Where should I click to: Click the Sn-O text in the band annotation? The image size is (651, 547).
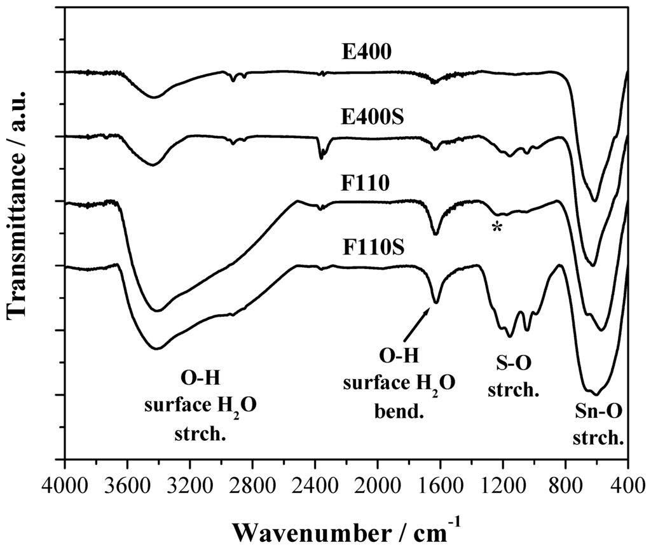pos(596,417)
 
